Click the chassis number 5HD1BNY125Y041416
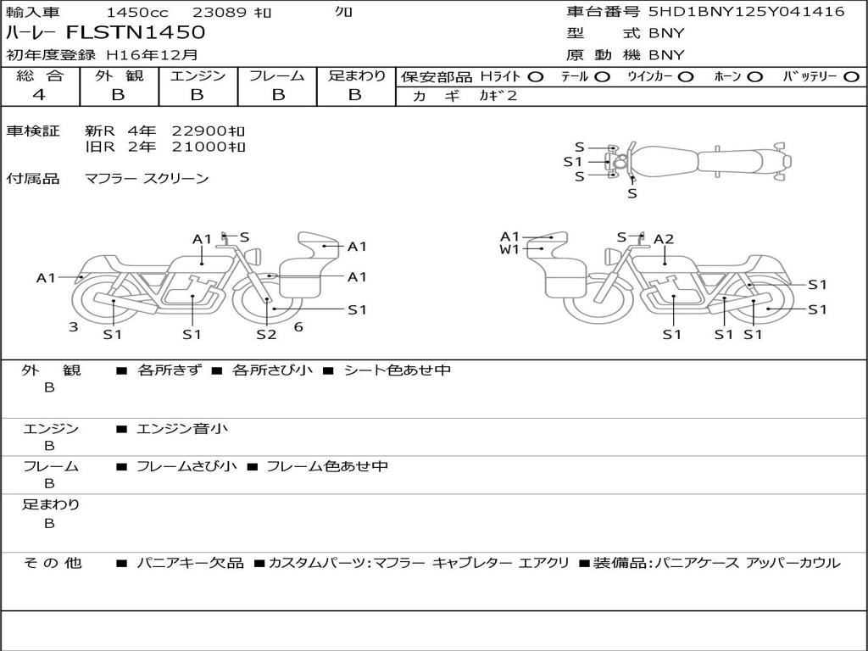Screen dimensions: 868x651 [x=747, y=12]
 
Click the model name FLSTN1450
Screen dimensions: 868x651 [x=136, y=32]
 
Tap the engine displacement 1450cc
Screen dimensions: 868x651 [x=137, y=12]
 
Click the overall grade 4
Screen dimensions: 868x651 [x=39, y=95]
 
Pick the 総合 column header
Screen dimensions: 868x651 [x=40, y=75]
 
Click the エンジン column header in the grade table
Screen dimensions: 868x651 [x=198, y=75]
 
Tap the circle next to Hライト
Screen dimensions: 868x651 [x=536, y=77]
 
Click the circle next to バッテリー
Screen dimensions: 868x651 [x=851, y=77]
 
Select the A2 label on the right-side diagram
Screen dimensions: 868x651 [x=664, y=239]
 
